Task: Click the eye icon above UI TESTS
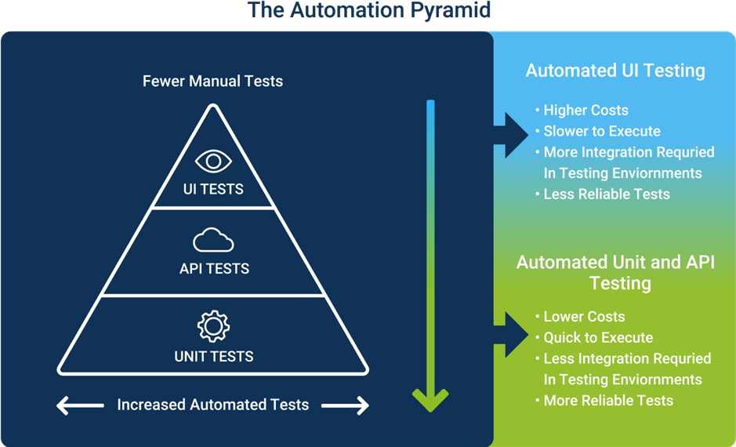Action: [213, 162]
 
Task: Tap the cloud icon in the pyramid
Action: [213, 240]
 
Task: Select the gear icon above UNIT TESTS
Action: [213, 326]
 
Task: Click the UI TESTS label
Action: [213, 189]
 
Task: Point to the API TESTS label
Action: [214, 268]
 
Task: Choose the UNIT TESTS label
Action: [214, 356]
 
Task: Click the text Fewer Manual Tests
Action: [212, 81]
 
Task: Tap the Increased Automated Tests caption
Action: [213, 405]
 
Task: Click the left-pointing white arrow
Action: [80, 405]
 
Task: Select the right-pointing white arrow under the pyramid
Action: [345, 405]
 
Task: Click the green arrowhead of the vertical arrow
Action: [430, 399]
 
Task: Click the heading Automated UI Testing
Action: [615, 71]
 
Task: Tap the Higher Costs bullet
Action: [586, 110]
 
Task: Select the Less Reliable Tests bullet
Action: [607, 194]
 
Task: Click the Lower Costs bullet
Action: [584, 317]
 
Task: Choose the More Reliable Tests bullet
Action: [608, 400]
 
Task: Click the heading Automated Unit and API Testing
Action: [615, 272]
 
